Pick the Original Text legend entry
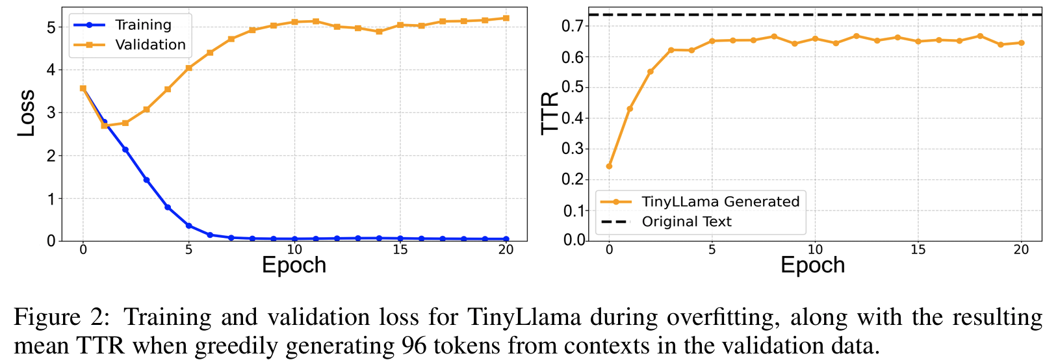click(x=686, y=222)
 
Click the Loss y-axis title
click(x=25, y=113)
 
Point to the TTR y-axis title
click(x=550, y=113)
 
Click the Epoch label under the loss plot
click(x=294, y=265)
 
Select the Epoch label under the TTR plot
click(x=812, y=265)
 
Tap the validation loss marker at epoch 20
click(x=506, y=18)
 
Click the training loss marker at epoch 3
click(x=146, y=180)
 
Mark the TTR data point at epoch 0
click(x=609, y=166)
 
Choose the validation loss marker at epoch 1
click(x=104, y=125)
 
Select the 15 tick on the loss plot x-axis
click(x=400, y=250)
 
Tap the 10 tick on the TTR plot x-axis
click(x=815, y=250)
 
